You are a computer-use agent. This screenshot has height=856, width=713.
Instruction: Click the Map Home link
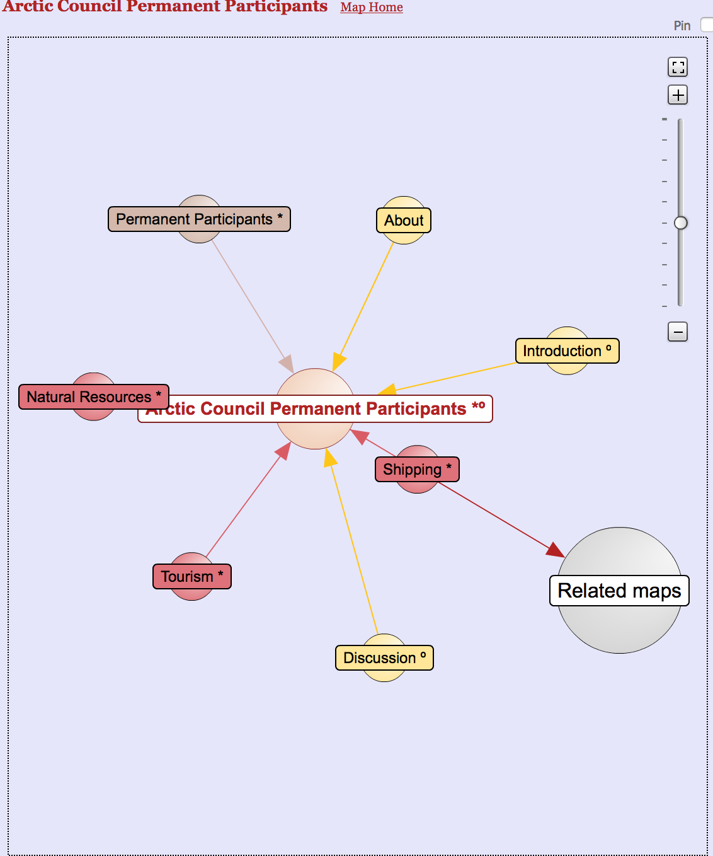(371, 7)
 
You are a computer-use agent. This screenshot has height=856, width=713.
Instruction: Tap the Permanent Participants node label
(199, 219)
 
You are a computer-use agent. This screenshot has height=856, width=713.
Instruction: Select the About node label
(404, 221)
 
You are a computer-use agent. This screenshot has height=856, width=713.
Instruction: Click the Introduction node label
(567, 351)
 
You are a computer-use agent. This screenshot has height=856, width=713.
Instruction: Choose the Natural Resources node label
(94, 397)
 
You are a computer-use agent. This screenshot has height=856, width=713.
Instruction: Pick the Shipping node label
(417, 470)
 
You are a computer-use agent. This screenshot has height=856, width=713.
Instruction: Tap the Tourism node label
(191, 577)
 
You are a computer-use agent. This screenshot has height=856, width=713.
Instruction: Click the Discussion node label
(384, 658)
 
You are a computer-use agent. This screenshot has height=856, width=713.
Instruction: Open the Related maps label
(619, 591)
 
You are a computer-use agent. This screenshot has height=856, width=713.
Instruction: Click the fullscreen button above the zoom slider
(678, 67)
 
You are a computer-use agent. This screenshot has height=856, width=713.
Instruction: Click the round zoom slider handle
(681, 223)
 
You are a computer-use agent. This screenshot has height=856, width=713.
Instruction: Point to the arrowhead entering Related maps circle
(556, 550)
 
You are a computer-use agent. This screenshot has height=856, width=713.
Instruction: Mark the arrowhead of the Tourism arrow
(283, 451)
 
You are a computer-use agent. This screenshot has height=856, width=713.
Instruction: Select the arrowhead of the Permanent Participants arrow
(287, 363)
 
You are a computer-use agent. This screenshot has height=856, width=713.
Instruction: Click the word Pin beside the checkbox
(682, 26)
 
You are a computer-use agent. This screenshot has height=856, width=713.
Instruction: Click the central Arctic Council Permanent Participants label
(315, 408)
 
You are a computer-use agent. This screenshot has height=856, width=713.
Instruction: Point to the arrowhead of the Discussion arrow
(330, 458)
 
